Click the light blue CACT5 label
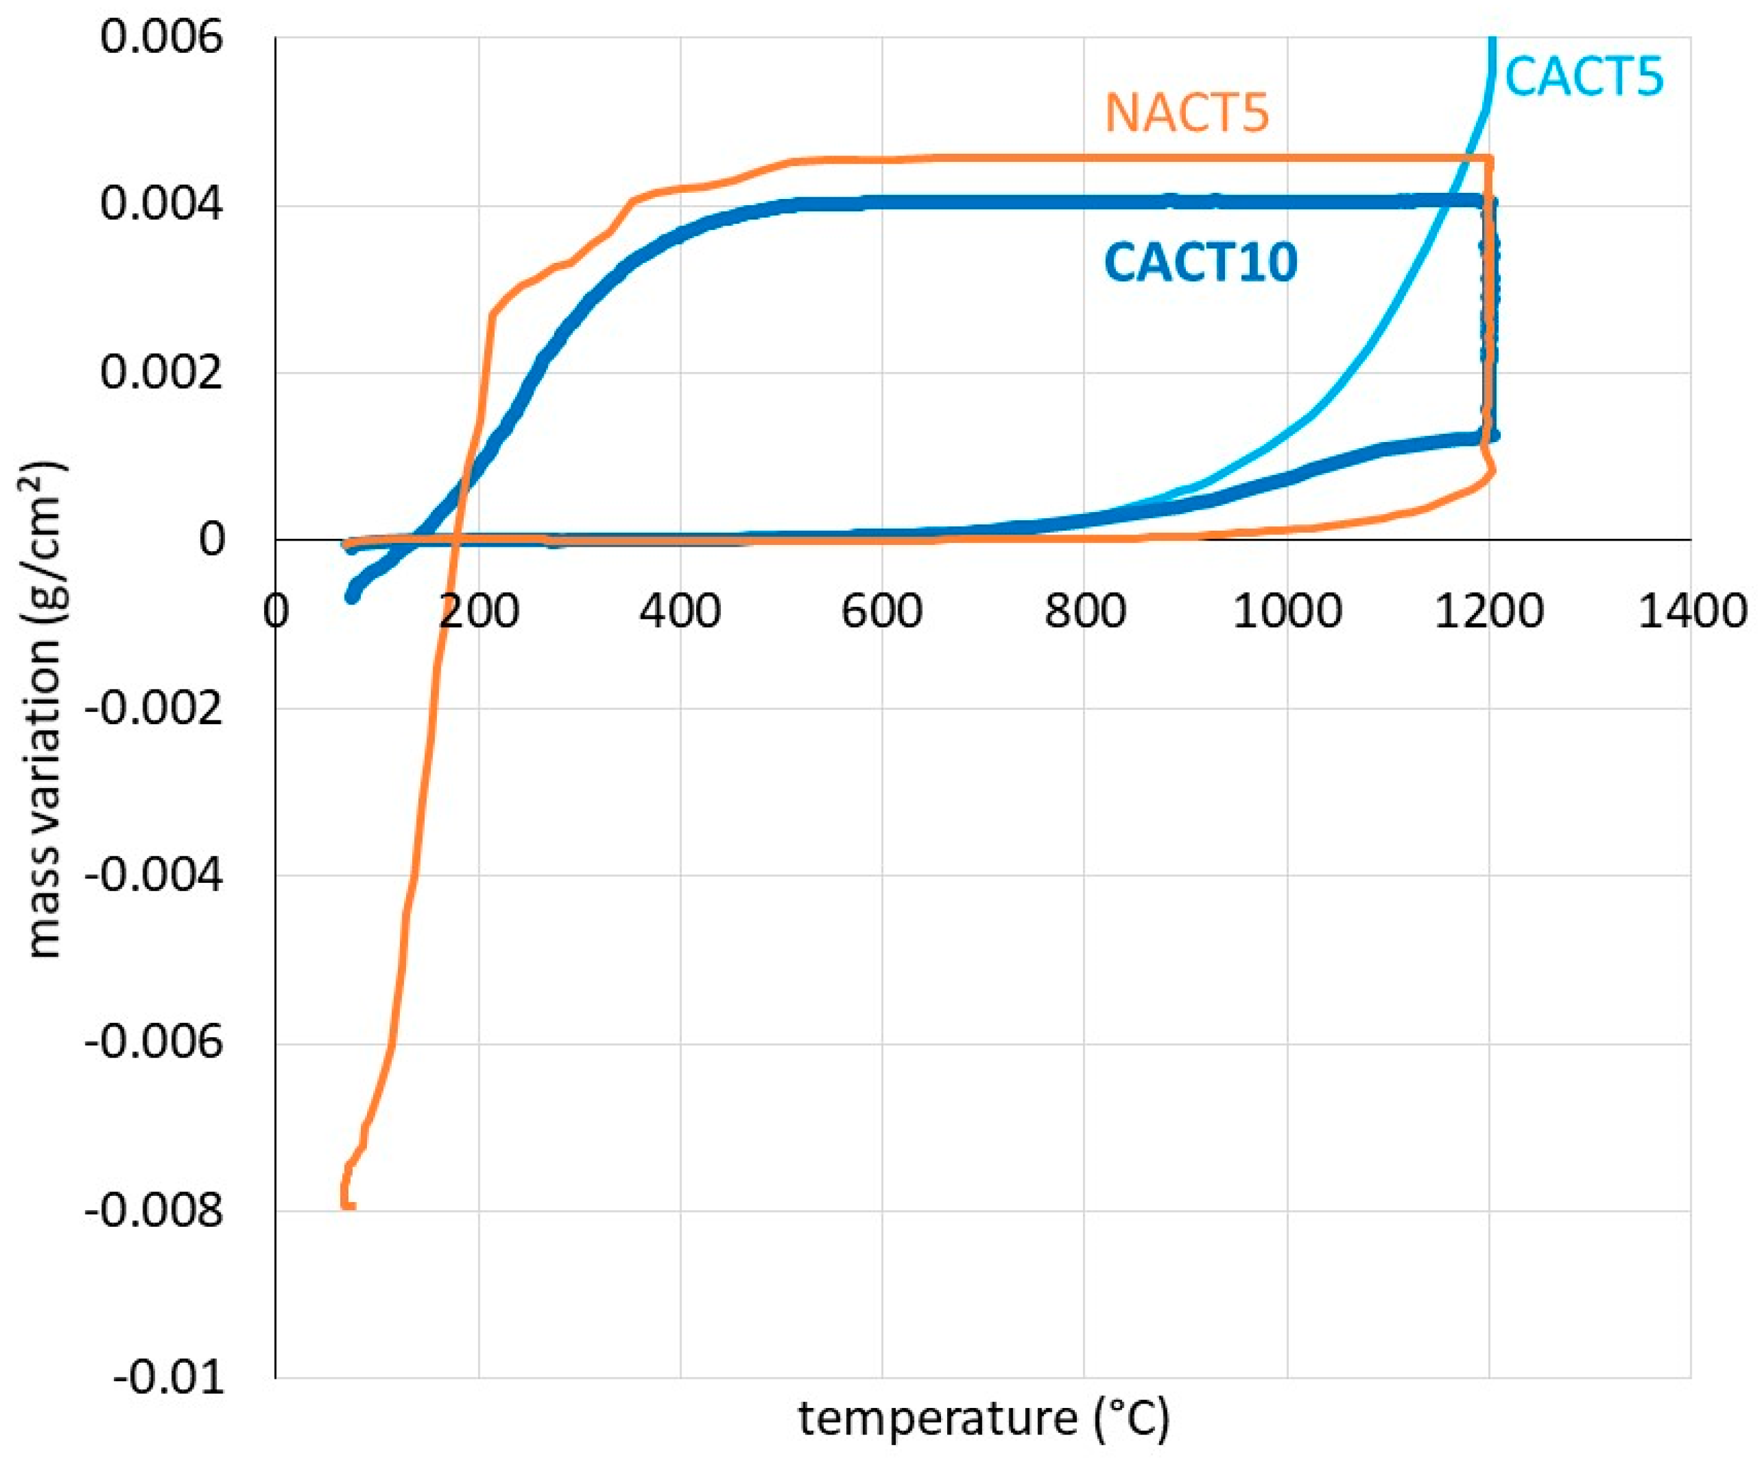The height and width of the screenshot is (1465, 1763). [1583, 77]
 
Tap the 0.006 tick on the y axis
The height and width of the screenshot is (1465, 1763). [162, 38]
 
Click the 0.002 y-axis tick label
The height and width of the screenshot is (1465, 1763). [162, 372]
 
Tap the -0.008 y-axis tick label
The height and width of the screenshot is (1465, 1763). [154, 1211]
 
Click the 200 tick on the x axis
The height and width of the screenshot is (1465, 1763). [479, 611]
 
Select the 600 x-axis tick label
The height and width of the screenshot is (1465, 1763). [882, 611]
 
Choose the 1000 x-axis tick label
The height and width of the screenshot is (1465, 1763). [1286, 611]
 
